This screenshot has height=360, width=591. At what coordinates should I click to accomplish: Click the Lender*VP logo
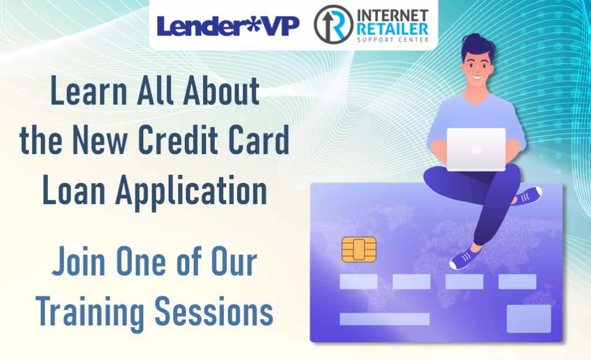pos(227,25)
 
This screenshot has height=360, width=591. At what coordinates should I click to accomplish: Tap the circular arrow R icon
pos(333,24)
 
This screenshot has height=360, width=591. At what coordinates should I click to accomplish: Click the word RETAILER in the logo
pos(392,29)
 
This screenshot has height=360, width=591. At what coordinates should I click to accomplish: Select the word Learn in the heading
pos(88,91)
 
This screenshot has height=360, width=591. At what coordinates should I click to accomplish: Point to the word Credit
pos(178,140)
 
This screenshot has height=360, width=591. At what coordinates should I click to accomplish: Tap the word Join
pos(78,261)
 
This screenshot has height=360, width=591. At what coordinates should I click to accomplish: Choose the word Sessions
pos(214,312)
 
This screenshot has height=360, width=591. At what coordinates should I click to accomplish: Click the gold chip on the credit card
pos(359,249)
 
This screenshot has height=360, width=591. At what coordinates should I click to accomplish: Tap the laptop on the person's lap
pos(476,149)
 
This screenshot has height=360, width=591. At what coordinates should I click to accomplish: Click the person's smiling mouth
pos(477,78)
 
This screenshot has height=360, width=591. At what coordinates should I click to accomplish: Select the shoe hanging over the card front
pos(466,258)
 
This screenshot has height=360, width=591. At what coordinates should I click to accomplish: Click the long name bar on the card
pos(384,319)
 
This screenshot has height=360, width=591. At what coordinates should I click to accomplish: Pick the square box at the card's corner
pos(529,319)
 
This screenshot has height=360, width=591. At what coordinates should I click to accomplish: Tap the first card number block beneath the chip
pos(358,282)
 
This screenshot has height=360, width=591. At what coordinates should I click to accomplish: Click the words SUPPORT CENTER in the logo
pos(392,40)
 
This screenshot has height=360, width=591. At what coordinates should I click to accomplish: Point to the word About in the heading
pos(221,91)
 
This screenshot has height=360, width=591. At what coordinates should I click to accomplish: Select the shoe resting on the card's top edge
pos(527,196)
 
